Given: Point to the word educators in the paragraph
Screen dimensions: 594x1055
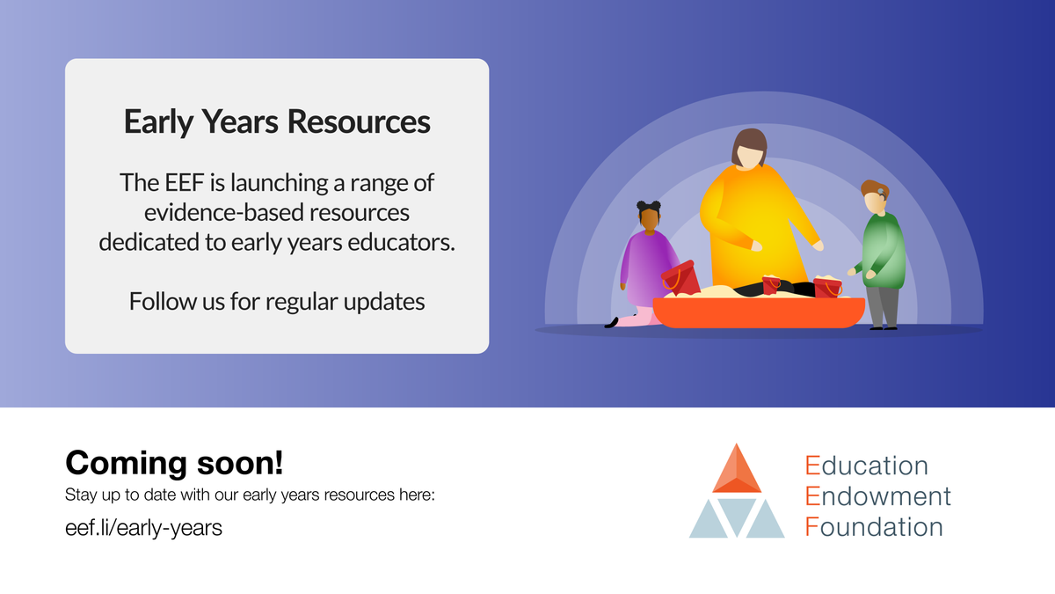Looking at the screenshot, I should [406, 242].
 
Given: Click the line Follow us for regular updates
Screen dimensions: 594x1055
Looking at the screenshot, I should [277, 301].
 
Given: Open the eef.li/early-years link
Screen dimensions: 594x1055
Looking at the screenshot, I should [143, 528].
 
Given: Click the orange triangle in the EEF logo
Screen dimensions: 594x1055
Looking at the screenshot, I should [737, 472].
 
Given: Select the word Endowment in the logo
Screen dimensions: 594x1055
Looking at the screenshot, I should [877, 495].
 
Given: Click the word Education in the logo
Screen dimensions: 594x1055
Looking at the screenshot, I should [866, 465].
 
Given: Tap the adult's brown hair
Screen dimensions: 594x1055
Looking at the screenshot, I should [749, 143].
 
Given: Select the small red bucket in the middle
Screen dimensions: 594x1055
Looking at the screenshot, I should [771, 285].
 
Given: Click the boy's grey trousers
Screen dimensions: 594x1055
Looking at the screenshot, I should [883, 304].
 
